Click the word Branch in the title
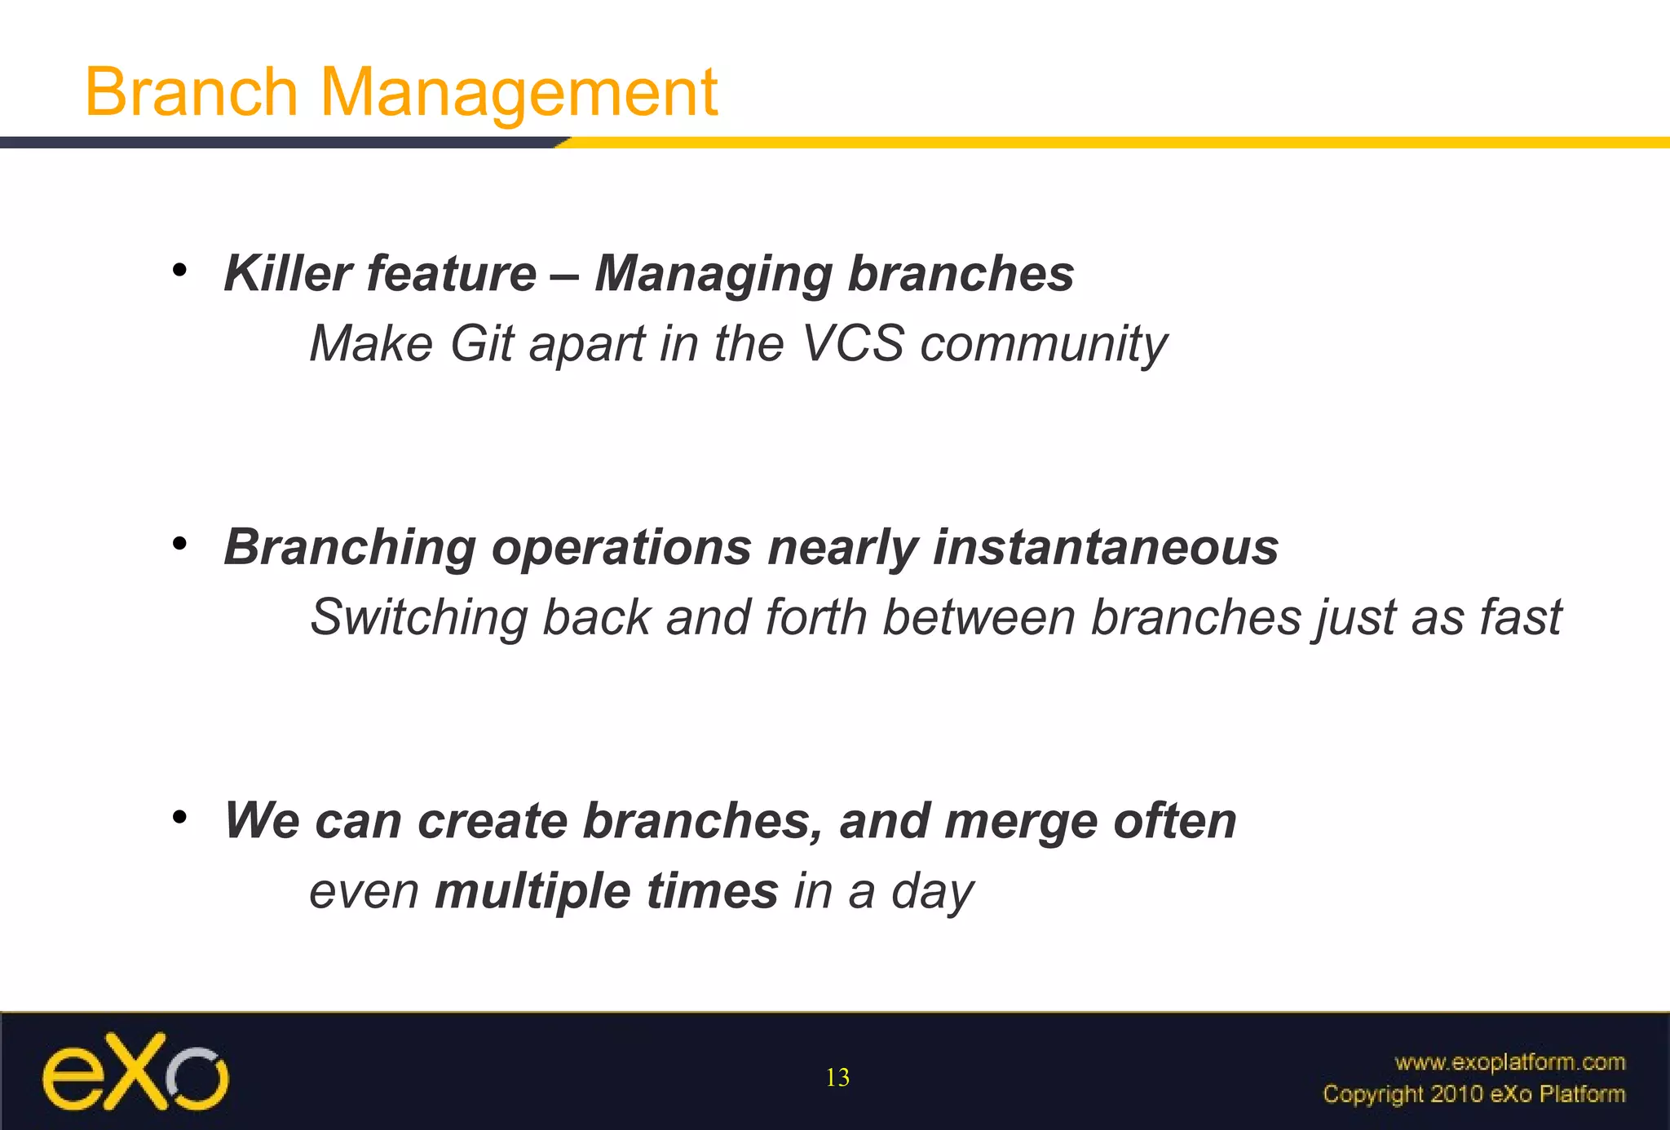click(x=192, y=91)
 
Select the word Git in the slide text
click(x=481, y=343)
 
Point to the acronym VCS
click(x=853, y=343)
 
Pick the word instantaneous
click(x=1105, y=547)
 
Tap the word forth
click(x=816, y=617)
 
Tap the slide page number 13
click(x=837, y=1078)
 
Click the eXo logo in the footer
click(x=135, y=1073)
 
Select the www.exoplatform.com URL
click(x=1509, y=1062)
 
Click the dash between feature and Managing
click(x=565, y=275)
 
